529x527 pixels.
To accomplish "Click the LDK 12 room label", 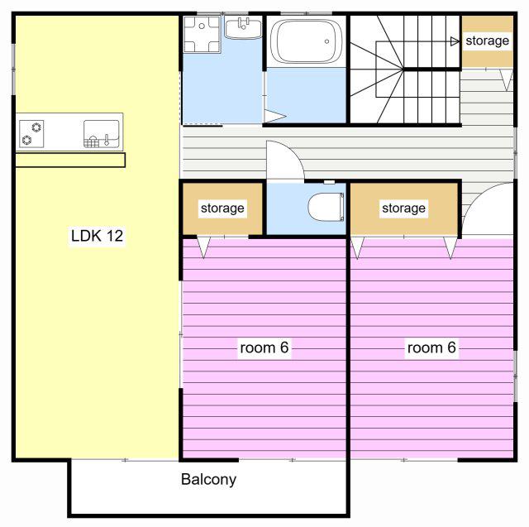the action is (98, 236).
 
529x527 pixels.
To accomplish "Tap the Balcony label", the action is (208, 479).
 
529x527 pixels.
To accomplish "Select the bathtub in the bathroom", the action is (306, 41).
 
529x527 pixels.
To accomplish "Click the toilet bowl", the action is (326, 207).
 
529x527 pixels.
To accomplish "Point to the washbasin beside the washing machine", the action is (243, 28).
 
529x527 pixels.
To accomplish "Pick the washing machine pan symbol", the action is (202, 35).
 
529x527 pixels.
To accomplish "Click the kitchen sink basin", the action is (101, 134).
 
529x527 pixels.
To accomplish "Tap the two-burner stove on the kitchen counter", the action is (31, 134).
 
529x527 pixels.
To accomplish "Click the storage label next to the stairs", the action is (487, 41).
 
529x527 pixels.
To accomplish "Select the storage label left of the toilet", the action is (222, 208).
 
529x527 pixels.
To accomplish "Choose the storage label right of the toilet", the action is (403, 208).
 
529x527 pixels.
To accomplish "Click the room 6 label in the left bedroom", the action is (264, 347).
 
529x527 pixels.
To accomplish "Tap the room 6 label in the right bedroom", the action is (431, 347).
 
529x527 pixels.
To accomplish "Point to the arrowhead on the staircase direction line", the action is (455, 41).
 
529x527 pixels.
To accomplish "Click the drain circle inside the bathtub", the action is (326, 41).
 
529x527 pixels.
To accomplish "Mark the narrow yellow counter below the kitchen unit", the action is (70, 160).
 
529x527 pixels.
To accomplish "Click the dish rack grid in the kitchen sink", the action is (92, 141).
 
